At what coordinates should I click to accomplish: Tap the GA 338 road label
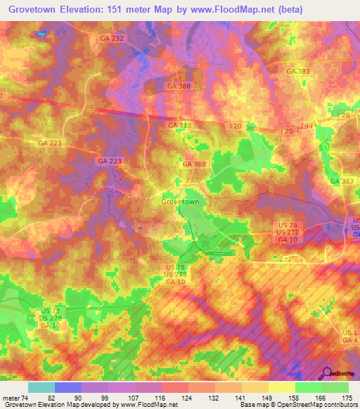tap(179, 125)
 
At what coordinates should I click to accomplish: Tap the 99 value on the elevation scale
tap(103, 398)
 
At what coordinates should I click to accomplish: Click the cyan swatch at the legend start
tap(41, 387)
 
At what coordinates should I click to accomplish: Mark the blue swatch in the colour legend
tap(68, 387)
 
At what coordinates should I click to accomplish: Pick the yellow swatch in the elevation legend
tap(282, 387)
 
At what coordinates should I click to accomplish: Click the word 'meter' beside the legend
tap(11, 398)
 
